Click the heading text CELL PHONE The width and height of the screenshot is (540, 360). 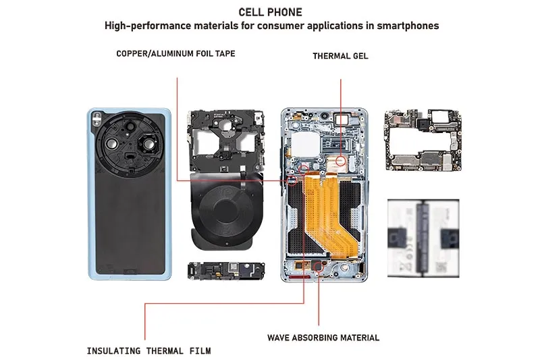tap(270, 12)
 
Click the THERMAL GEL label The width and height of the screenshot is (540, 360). tap(340, 56)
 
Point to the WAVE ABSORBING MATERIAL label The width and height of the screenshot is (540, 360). tap(323, 337)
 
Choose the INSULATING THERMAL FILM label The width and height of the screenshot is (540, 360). tap(148, 351)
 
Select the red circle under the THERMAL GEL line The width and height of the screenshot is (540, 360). tap(342, 161)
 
